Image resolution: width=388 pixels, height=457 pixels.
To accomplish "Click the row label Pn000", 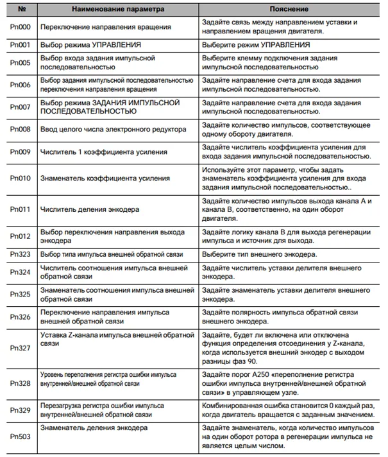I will [19, 28].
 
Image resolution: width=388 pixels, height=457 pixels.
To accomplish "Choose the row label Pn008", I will [19, 129].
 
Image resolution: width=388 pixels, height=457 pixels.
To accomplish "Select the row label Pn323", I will [19, 255].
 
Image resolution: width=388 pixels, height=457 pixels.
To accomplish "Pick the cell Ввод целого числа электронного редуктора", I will [113, 129].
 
